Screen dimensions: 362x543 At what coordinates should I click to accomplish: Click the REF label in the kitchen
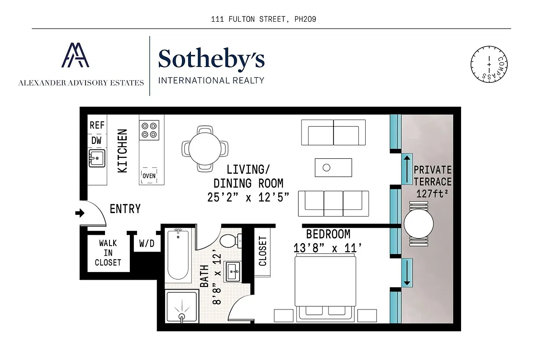(x=97, y=125)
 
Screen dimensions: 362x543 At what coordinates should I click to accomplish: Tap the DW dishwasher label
(x=96, y=140)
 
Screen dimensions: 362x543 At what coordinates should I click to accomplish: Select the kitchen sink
(x=96, y=158)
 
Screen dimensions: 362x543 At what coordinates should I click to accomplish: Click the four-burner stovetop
(x=149, y=130)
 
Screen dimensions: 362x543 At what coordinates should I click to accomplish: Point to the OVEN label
(x=149, y=176)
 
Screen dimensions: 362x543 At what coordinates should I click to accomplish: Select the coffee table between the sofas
(x=333, y=167)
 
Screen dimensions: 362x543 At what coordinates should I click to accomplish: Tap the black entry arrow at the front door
(x=80, y=213)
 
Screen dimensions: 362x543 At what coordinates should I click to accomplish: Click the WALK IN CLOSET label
(x=108, y=253)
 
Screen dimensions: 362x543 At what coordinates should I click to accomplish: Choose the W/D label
(x=146, y=244)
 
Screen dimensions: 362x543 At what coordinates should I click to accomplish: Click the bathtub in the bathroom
(x=178, y=255)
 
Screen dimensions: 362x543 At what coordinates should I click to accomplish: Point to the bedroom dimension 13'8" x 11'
(x=328, y=248)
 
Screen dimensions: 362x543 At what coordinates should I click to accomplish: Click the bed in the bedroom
(x=324, y=285)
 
